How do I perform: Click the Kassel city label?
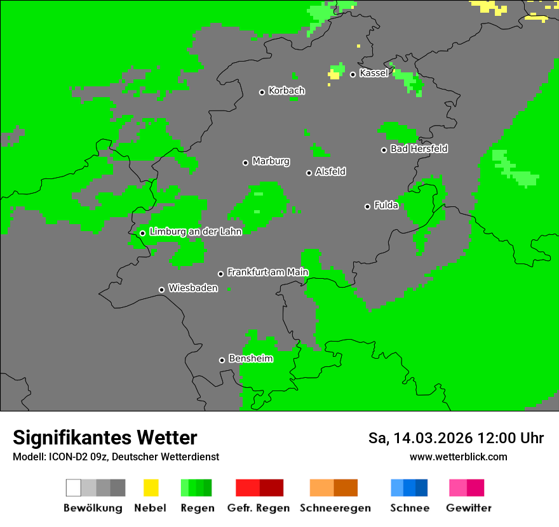374,73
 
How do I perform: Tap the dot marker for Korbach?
262,92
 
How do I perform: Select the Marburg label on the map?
271,161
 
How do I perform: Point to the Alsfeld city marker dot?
309,173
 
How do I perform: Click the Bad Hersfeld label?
419,149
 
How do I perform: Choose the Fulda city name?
386,205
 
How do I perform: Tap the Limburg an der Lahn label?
195,232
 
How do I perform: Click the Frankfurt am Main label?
267,272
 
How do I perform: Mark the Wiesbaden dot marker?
161,290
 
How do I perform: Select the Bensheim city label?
250,359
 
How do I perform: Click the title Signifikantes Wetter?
105,437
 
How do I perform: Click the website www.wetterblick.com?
458,457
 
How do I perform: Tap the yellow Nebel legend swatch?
151,488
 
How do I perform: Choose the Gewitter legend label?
469,508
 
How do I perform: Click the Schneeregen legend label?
335,508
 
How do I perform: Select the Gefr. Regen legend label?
259,508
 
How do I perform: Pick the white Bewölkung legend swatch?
74,488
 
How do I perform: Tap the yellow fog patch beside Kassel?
333,75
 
